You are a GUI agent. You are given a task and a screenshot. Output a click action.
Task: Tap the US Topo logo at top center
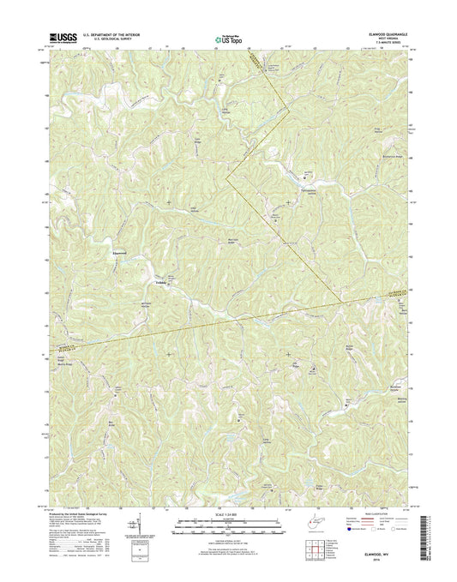click(226, 38)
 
